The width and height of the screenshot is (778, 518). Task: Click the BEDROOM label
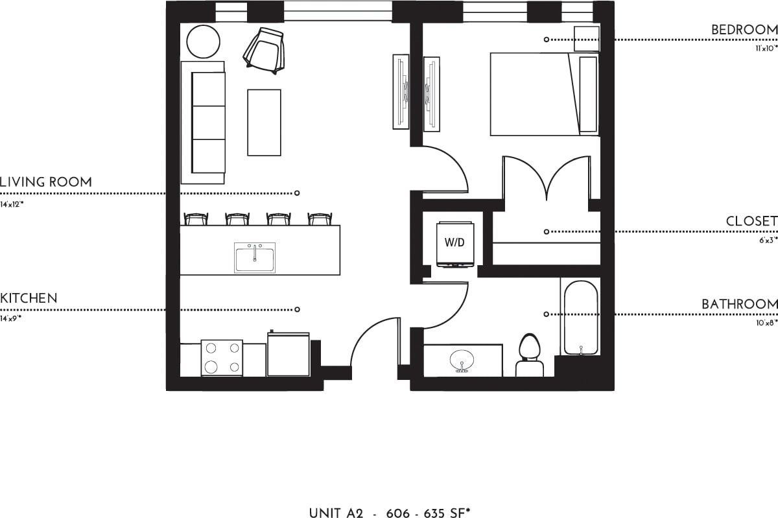coord(744,30)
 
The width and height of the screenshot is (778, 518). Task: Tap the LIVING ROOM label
coord(45,182)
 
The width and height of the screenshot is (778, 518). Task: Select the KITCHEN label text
coord(29,299)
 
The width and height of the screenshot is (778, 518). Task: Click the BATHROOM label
coord(739,304)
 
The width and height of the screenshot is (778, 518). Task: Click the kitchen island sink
coord(254,257)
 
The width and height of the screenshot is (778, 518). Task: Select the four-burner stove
coord(222,358)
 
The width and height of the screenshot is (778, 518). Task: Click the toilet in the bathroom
coord(530,357)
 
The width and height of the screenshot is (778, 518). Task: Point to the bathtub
coord(580,318)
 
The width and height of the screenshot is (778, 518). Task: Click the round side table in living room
coord(204,41)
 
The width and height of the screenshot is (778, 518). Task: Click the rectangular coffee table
coord(264,123)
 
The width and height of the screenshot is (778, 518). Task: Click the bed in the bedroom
coord(535,95)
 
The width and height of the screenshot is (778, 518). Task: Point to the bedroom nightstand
coord(587,39)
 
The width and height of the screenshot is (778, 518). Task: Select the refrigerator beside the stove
coord(288,355)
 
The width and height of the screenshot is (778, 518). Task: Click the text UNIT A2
coord(335,513)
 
